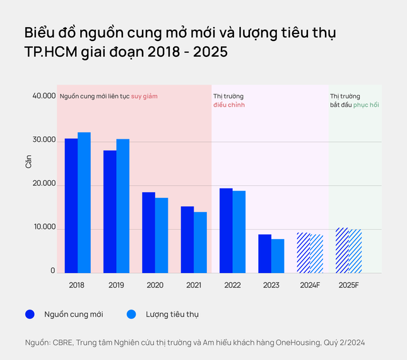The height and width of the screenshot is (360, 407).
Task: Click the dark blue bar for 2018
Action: pos(71,206)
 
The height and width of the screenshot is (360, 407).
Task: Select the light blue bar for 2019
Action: pos(122,206)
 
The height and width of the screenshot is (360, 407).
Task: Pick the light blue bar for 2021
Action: pos(200,242)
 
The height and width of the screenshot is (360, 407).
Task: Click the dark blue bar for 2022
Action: pos(226,230)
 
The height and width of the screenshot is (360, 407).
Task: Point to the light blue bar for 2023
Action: pos(278,256)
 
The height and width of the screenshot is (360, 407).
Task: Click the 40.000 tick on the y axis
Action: pos(44,96)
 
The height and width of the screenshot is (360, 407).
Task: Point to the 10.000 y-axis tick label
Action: pos(44,228)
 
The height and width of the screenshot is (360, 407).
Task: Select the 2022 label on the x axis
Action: pos(232,285)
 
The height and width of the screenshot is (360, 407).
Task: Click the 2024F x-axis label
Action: pos(310,285)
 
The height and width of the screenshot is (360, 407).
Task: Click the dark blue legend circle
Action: pos(29,313)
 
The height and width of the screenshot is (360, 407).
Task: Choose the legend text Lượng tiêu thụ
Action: pos(172,313)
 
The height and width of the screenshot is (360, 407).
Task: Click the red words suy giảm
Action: pos(144,96)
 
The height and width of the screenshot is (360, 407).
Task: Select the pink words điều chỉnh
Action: pos(229,105)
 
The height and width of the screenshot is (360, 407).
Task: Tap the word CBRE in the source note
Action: pos(62,342)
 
